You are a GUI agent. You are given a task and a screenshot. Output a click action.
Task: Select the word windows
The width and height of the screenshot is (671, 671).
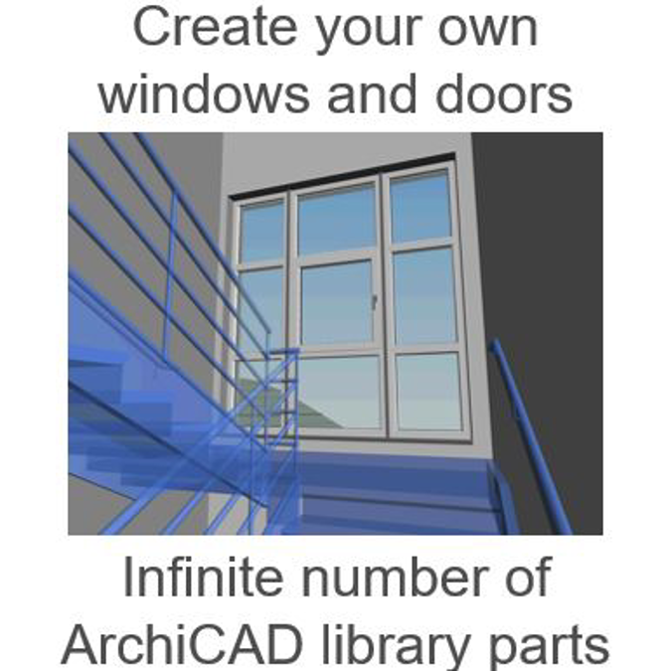(202, 95)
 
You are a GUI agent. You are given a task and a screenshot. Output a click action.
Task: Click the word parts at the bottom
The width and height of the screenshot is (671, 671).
(560, 645)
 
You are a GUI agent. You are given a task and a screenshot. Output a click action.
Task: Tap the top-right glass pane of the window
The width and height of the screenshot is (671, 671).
(420, 207)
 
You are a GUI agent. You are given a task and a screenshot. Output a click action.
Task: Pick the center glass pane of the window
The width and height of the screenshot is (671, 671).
(337, 302)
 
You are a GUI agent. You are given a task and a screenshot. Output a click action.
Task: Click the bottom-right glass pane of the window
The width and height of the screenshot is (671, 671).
(428, 392)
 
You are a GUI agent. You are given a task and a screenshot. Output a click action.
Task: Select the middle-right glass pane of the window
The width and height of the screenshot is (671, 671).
(425, 296)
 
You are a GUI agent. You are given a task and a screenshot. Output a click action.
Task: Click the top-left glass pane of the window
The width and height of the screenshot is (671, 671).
(261, 232)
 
